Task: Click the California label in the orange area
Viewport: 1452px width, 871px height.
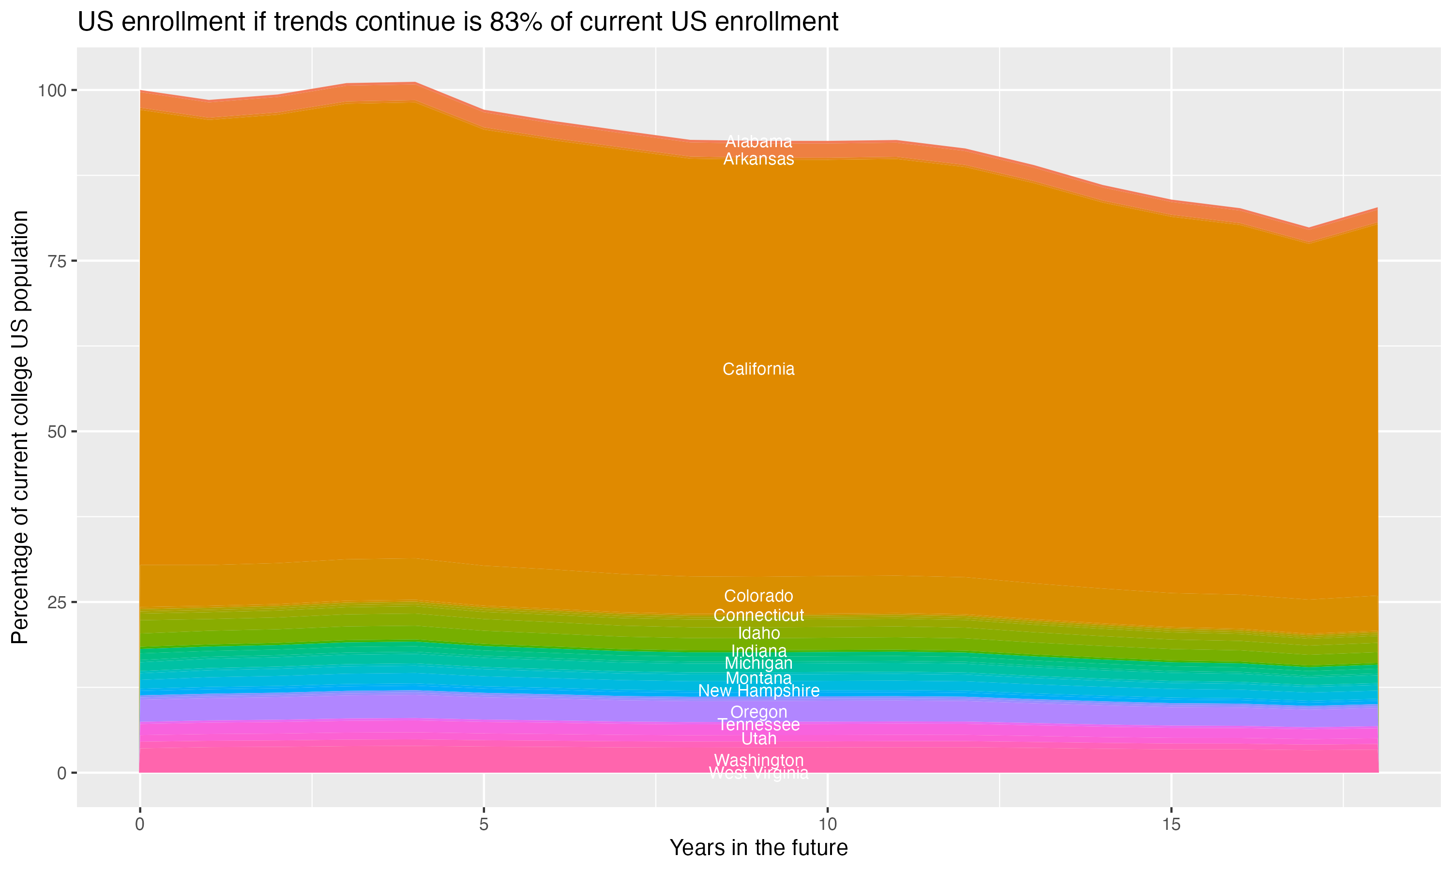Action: [758, 369]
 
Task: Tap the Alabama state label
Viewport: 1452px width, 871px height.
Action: [758, 141]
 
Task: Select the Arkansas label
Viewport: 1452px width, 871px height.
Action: [758, 159]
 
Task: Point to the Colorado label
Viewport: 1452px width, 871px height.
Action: [758, 596]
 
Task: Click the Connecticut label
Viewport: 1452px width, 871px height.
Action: [758, 615]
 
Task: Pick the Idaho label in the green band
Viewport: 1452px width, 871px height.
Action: [758, 633]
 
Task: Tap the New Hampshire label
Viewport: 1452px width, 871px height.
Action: [758, 691]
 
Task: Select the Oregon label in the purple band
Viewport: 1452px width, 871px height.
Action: [758, 712]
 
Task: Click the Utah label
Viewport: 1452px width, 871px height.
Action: [758, 738]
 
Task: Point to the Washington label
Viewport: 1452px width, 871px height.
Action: [758, 760]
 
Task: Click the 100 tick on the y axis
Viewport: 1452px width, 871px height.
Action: [53, 90]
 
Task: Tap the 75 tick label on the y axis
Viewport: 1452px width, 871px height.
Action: [57, 261]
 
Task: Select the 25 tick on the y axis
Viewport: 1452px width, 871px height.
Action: [57, 602]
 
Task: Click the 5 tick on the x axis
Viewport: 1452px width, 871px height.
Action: [484, 825]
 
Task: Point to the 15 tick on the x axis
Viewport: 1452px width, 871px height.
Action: [1171, 825]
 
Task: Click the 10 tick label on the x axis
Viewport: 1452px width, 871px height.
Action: [827, 825]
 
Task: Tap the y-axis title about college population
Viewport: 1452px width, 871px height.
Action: [20, 427]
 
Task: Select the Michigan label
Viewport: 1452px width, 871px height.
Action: [758, 663]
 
